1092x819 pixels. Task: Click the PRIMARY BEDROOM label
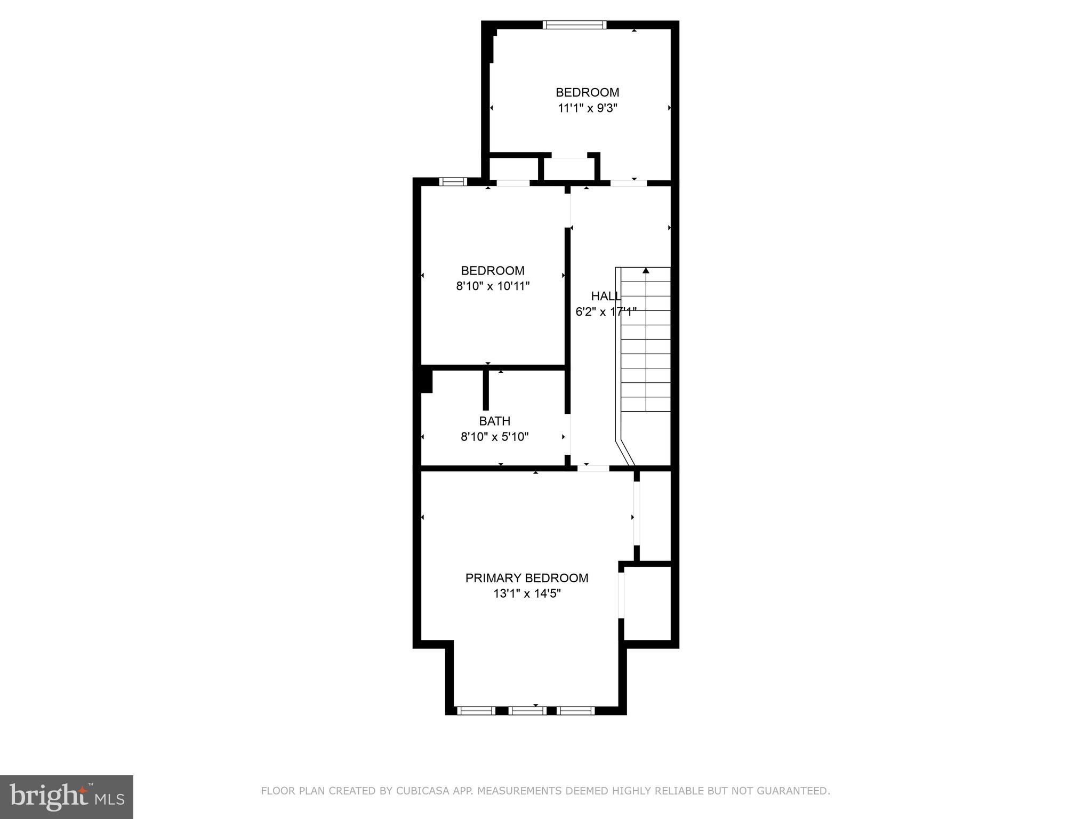527,578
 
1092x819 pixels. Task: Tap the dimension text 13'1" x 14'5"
527,593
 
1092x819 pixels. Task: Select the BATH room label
494,421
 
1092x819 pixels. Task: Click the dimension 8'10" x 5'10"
494,437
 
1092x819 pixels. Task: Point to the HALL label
606,296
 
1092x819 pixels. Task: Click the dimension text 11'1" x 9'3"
587,108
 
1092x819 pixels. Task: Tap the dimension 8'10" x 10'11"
493,286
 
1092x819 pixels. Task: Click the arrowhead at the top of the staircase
646,271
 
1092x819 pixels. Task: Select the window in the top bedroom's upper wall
575,25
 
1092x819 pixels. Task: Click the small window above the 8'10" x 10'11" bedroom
453,182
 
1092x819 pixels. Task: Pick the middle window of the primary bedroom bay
527,710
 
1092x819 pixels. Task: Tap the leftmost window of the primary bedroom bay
476,710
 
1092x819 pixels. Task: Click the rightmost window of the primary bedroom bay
576,710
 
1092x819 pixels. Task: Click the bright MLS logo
67,797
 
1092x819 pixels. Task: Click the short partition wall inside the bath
486,389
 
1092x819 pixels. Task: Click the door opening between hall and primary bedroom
593,468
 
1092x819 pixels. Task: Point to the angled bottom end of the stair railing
626,453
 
